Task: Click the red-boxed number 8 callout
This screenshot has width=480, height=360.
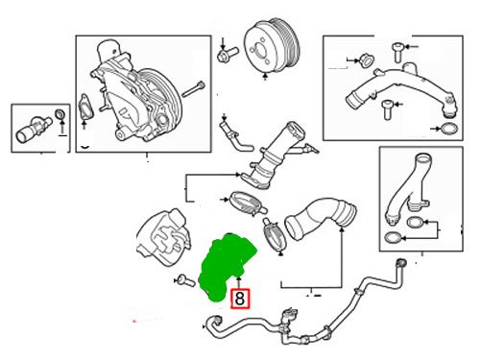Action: [x=240, y=299]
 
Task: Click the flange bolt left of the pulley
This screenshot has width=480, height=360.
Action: [x=228, y=54]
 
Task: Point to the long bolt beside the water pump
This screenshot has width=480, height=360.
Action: [x=193, y=89]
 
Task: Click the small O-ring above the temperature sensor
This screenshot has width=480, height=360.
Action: [x=60, y=114]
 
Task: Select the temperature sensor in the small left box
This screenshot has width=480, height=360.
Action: [x=34, y=130]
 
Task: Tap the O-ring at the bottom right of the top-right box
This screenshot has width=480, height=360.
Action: [x=449, y=129]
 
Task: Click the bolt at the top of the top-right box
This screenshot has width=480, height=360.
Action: [x=397, y=52]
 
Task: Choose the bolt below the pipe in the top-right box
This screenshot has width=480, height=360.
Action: [x=388, y=109]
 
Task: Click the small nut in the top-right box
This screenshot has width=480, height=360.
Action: [x=367, y=60]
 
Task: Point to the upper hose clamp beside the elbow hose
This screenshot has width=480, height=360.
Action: [x=247, y=204]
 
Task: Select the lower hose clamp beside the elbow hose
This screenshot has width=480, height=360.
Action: [x=276, y=235]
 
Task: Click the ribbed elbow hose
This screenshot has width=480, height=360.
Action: [x=320, y=218]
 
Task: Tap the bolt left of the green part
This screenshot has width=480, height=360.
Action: [x=186, y=280]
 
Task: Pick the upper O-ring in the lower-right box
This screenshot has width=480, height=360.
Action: [x=416, y=222]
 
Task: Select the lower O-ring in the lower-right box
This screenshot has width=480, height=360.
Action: [x=393, y=238]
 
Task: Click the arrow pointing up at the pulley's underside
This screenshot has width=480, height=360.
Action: [x=265, y=77]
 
